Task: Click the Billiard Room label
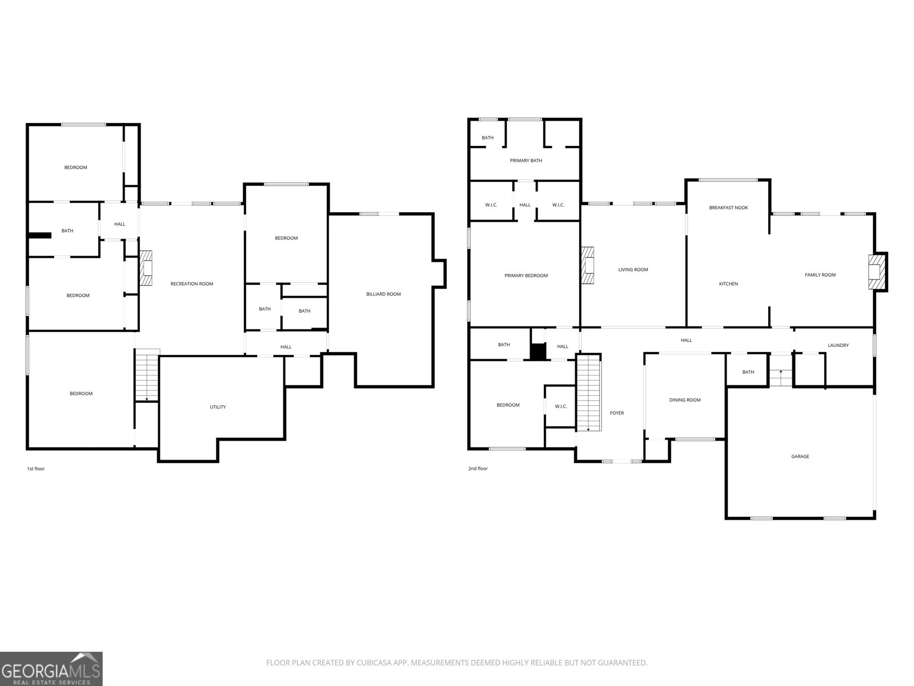coord(383,294)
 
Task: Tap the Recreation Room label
coord(191,284)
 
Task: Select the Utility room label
coord(218,407)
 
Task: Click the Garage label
coord(800,456)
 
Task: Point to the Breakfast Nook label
coord(728,208)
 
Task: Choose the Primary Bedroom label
coord(526,276)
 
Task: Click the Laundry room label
coord(838,345)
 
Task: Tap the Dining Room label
coord(684,400)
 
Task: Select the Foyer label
coord(617,413)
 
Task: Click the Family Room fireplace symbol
coord(875,272)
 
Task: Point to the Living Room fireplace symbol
coord(588,265)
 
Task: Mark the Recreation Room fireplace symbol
coord(146,268)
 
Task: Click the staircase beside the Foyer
coord(588,393)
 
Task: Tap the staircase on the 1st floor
coord(147,376)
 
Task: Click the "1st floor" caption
coord(35,469)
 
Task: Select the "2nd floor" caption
coord(478,469)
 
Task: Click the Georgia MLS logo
coord(51,668)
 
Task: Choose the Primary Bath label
coord(526,161)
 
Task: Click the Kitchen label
coord(728,284)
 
